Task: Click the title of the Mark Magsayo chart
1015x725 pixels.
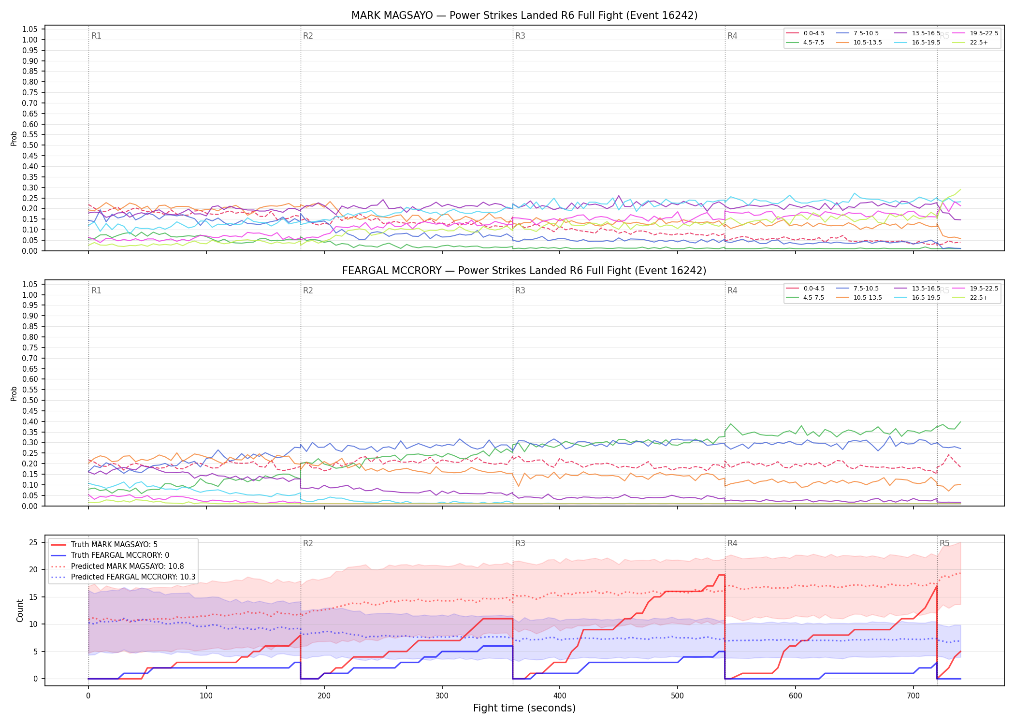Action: [524, 15]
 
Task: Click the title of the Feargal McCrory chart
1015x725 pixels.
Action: [524, 271]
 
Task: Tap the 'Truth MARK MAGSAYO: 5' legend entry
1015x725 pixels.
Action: [114, 545]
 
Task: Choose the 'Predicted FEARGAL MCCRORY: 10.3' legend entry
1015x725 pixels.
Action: [123, 577]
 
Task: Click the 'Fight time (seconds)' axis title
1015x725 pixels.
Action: [524, 708]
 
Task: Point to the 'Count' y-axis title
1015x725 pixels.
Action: [20, 610]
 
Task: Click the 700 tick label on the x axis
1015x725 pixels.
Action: [913, 696]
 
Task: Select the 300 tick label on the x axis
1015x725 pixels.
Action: [442, 696]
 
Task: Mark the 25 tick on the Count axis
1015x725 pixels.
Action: [33, 542]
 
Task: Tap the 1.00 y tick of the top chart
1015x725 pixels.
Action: [30, 40]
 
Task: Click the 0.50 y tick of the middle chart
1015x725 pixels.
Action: [30, 400]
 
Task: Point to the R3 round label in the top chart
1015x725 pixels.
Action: [520, 36]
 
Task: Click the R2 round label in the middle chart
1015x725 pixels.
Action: [308, 290]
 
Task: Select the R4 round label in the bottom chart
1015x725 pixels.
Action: [732, 543]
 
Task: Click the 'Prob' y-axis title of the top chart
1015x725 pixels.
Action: [14, 138]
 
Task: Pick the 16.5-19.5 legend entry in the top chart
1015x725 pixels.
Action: [916, 43]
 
